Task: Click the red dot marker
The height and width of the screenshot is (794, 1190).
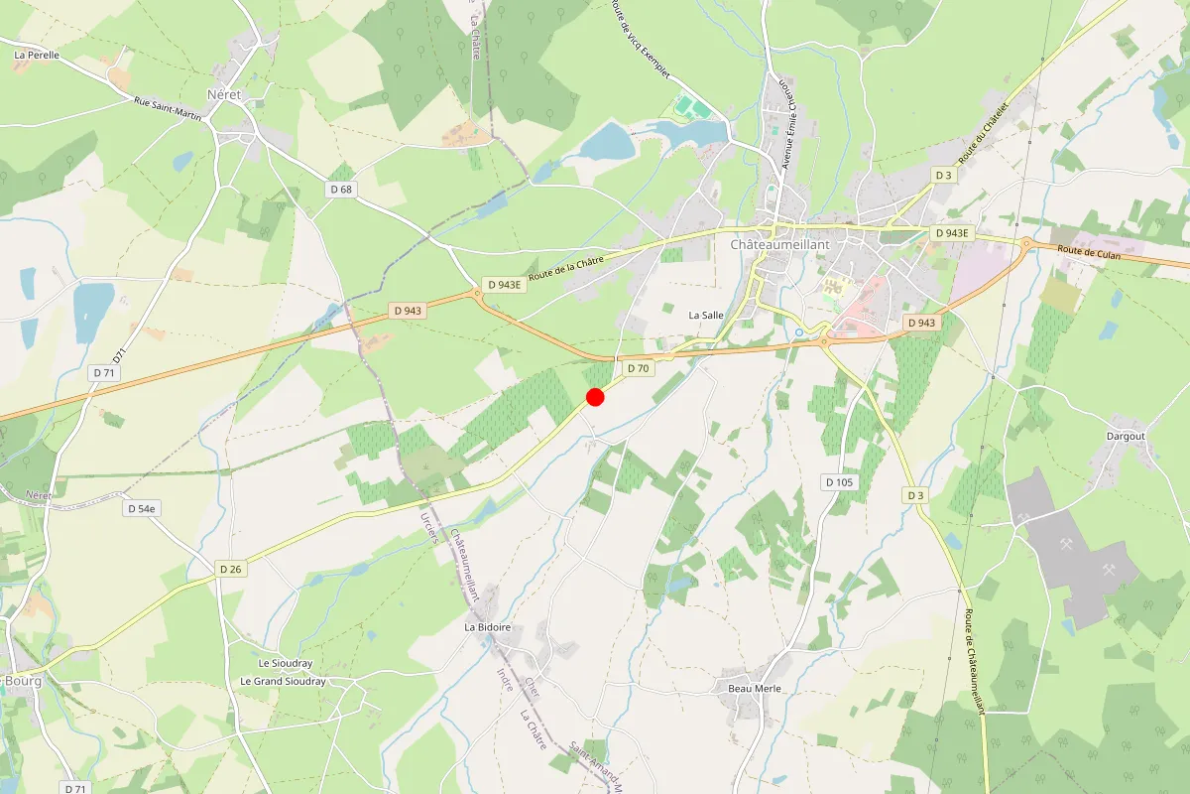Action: click(x=595, y=397)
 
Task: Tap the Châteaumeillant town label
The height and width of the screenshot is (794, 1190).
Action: click(x=779, y=244)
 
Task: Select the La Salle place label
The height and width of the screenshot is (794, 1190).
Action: click(x=706, y=315)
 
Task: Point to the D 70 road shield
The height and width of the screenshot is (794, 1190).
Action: click(x=638, y=369)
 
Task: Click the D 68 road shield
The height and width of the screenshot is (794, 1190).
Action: click(x=341, y=189)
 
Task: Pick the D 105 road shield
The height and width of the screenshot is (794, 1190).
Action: click(x=839, y=482)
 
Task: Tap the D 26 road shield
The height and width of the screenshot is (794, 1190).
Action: click(x=230, y=569)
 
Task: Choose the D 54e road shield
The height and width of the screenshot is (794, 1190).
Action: click(x=141, y=508)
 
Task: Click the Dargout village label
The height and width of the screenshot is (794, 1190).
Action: click(x=1126, y=436)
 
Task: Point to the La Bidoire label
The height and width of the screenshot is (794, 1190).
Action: click(x=488, y=627)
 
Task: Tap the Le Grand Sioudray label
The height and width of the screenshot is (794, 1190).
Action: click(x=283, y=682)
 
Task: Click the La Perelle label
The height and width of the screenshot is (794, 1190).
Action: click(x=37, y=56)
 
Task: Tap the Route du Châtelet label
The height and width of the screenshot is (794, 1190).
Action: click(x=984, y=133)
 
